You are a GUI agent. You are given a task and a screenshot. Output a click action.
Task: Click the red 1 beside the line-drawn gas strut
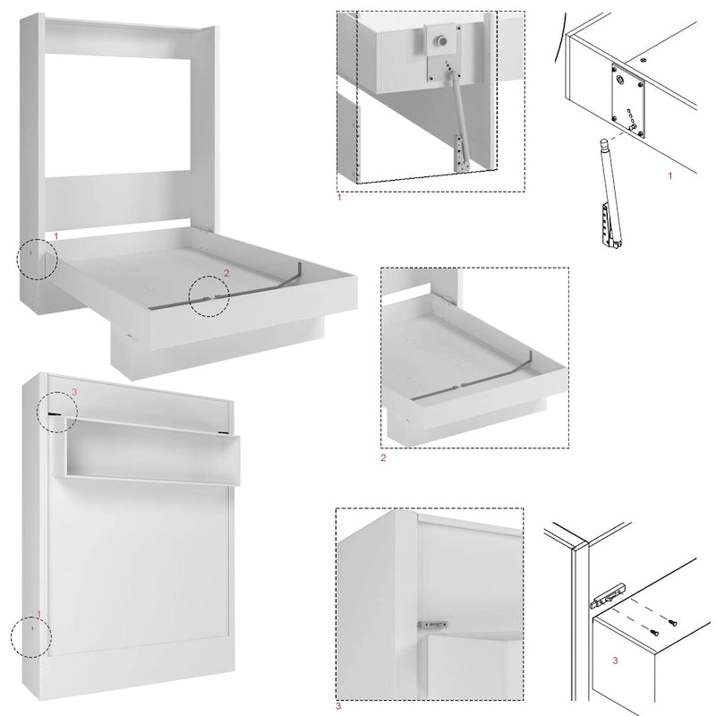click(670, 176)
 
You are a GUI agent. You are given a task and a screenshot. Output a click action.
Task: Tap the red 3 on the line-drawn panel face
click(615, 661)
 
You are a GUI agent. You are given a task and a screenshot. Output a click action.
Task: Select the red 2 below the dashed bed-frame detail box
click(384, 457)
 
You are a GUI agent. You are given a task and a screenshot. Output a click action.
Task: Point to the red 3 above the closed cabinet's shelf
click(75, 392)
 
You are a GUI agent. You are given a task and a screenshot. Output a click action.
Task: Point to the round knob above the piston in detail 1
click(441, 41)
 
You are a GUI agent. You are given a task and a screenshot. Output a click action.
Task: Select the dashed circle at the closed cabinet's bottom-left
click(30, 638)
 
